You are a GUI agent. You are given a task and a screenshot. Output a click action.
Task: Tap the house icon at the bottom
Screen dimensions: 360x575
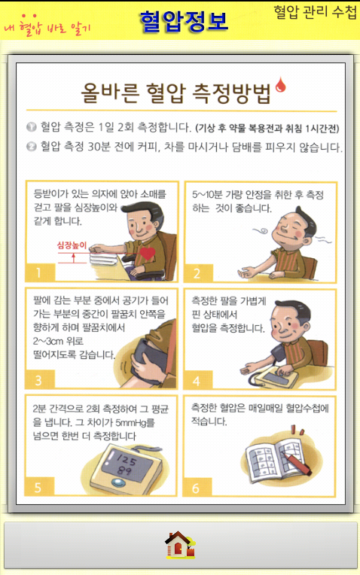(x=180, y=545)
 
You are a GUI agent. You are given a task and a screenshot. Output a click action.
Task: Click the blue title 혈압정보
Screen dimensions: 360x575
(x=184, y=21)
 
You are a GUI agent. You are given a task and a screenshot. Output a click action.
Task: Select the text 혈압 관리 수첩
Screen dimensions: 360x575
(x=315, y=12)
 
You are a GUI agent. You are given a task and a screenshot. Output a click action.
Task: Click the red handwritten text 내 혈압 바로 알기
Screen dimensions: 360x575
(x=47, y=26)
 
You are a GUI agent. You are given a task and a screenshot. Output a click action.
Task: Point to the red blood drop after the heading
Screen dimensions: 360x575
(x=281, y=85)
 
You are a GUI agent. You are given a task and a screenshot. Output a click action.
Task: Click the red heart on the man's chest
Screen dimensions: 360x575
(x=148, y=254)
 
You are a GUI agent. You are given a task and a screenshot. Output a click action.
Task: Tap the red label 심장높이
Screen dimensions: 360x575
(x=72, y=245)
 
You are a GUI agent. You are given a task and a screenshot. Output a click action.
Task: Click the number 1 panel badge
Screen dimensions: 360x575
(x=40, y=272)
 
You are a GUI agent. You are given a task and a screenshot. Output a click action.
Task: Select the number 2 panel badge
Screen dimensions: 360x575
(x=198, y=273)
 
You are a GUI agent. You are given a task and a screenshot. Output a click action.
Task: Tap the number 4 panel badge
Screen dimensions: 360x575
(x=197, y=381)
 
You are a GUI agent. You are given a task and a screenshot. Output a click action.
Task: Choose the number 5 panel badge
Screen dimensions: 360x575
(x=39, y=487)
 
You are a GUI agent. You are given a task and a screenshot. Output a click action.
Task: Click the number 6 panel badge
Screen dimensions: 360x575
(x=197, y=488)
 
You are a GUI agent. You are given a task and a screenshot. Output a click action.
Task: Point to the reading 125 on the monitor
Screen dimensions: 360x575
(x=127, y=460)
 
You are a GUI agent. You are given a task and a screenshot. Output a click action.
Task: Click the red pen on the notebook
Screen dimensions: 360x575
(x=296, y=463)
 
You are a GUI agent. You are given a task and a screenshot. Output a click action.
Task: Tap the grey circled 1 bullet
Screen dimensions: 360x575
(x=31, y=127)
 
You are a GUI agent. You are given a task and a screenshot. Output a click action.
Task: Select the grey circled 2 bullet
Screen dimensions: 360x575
(x=31, y=147)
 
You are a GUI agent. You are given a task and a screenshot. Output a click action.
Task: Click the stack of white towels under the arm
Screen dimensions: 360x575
(x=105, y=259)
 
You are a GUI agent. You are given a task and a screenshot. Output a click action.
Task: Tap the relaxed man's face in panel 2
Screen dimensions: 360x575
(x=291, y=230)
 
